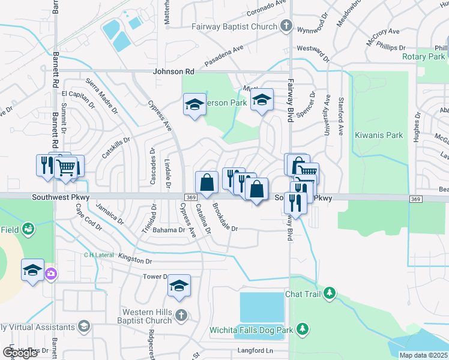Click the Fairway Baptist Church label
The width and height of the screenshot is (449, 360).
click(x=235, y=26)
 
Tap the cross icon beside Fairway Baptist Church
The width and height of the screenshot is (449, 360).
click(x=286, y=26)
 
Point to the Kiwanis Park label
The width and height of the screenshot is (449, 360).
click(x=379, y=136)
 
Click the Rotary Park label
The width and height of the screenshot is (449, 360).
click(x=424, y=57)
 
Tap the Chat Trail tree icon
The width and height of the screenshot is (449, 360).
click(x=329, y=293)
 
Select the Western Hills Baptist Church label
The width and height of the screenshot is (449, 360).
click(x=147, y=316)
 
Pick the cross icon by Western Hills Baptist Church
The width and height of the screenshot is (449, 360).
click(x=181, y=314)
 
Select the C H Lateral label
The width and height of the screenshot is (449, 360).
click(x=99, y=255)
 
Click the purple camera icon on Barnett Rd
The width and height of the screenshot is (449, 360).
click(x=51, y=274)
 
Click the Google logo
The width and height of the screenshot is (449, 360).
click(x=20, y=353)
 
